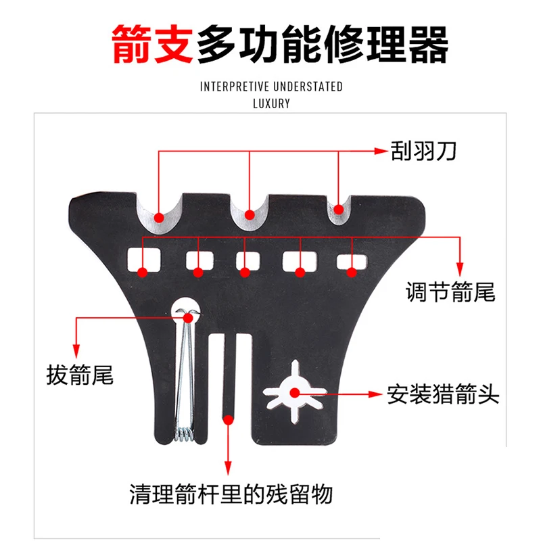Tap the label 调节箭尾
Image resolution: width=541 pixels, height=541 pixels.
click(450, 291)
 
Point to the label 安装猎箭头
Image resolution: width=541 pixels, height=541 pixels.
click(444, 394)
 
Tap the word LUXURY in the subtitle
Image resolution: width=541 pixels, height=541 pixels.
click(271, 104)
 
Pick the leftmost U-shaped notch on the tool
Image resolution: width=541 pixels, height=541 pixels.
click(160, 212)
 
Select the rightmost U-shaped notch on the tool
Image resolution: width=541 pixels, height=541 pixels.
click(339, 210)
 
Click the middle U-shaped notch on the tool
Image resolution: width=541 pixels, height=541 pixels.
click(250, 211)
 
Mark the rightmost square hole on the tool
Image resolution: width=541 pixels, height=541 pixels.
click(352, 261)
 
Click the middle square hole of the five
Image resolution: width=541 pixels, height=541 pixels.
click(248, 260)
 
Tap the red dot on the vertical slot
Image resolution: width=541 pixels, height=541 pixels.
click(229, 420)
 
